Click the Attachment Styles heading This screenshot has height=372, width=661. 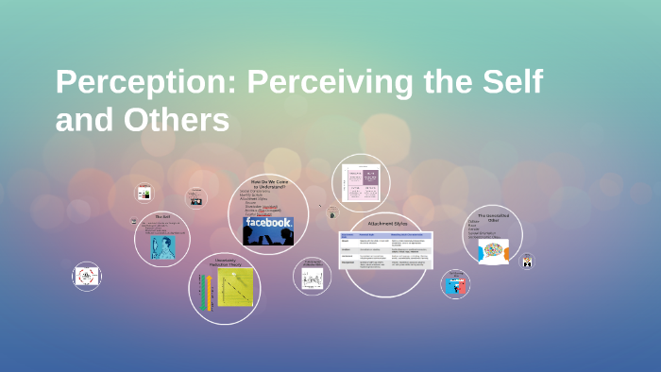385,224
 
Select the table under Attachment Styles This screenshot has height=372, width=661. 385,249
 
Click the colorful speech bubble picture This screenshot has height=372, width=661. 492,251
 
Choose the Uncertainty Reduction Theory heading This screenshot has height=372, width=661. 224,262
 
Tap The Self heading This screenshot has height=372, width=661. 161,216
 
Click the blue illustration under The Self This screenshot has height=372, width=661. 162,246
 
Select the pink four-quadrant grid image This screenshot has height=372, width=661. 362,181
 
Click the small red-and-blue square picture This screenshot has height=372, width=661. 455,284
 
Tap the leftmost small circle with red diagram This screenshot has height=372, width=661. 87,276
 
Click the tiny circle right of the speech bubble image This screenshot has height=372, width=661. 528,261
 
